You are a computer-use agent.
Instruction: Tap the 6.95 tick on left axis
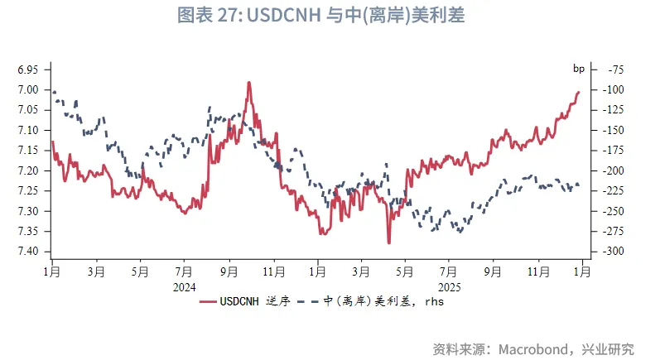click(27, 69)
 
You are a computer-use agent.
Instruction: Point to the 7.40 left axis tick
click(27, 252)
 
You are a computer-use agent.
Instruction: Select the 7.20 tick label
click(27, 170)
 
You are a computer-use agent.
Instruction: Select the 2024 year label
click(184, 287)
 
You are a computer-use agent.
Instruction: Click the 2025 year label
click(448, 287)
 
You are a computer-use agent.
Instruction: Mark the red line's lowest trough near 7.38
click(388, 243)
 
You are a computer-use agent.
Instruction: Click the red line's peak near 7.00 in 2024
click(248, 82)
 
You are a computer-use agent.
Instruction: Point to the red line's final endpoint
click(578, 92)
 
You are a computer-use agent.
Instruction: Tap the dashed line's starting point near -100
click(53, 90)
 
